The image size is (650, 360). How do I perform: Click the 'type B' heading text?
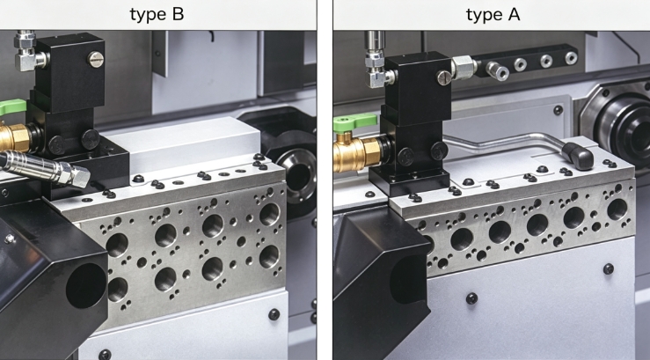[x=157, y=14]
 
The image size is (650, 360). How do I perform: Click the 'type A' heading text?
[x=493, y=15]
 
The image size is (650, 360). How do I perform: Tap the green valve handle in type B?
[x=12, y=107]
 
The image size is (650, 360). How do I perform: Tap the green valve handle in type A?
[x=354, y=122]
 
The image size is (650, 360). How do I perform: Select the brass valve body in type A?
[x=357, y=154]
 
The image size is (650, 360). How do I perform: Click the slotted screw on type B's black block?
[x=95, y=59]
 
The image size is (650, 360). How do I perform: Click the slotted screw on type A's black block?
[x=443, y=77]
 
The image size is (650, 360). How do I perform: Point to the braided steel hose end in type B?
[x=47, y=168]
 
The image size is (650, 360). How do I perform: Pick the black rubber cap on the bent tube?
[x=578, y=156]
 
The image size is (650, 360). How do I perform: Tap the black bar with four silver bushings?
[x=527, y=62]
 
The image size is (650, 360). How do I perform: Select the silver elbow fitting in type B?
[x=29, y=51]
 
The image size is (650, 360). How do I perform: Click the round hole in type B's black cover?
[x=86, y=286]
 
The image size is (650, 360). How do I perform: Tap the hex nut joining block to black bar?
[x=463, y=68]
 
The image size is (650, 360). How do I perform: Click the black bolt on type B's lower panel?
[x=274, y=314]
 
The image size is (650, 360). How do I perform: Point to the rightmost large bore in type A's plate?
[x=617, y=209]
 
